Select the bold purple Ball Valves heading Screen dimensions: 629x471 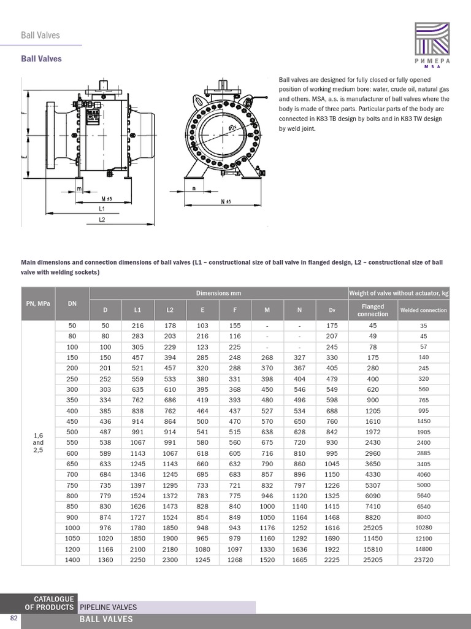click(x=41, y=59)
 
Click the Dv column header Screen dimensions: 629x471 click(x=332, y=310)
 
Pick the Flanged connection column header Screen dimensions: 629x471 click(x=373, y=310)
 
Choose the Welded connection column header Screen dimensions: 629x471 click(x=424, y=310)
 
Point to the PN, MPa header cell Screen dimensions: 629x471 click(x=39, y=303)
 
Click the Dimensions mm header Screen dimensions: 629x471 click(x=218, y=293)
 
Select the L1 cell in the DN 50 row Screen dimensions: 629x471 click(x=137, y=326)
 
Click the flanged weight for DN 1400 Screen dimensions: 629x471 click(x=373, y=560)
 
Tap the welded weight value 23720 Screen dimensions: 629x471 click(x=424, y=560)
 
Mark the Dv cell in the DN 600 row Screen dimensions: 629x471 click(x=332, y=453)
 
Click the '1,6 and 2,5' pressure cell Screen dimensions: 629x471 click(x=39, y=443)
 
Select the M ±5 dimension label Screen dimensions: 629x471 click(x=105, y=199)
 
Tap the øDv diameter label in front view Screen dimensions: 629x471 click(x=232, y=127)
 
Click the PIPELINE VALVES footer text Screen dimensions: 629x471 click(x=108, y=608)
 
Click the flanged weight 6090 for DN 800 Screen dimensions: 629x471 click(x=373, y=496)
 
